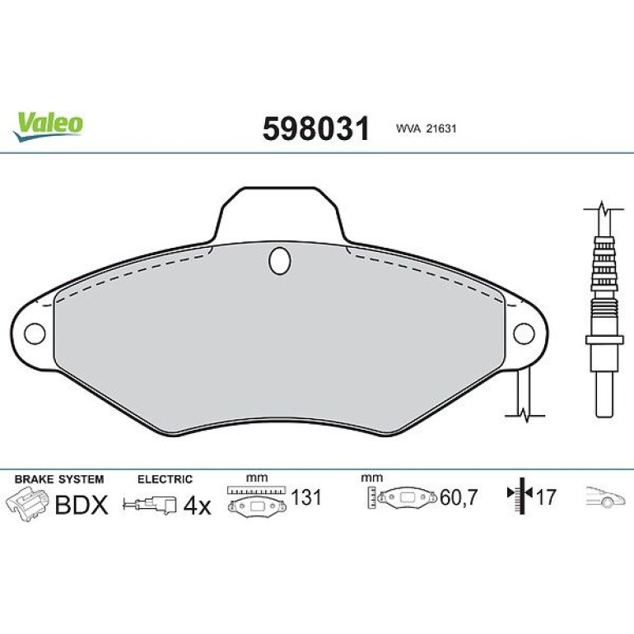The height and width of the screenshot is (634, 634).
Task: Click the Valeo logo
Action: click(x=48, y=127)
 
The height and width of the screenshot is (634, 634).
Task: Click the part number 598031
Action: click(x=316, y=128)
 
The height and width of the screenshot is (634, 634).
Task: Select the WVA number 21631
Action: click(x=440, y=128)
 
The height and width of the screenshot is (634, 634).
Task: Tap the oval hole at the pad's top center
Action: click(x=280, y=261)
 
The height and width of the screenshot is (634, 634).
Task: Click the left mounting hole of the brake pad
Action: click(x=35, y=333)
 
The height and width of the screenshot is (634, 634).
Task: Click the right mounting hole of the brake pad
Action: click(x=524, y=333)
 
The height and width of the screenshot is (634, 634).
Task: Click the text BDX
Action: click(x=82, y=505)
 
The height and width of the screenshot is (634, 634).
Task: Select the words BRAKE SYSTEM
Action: click(x=59, y=479)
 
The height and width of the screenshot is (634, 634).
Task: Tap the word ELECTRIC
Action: click(x=165, y=479)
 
